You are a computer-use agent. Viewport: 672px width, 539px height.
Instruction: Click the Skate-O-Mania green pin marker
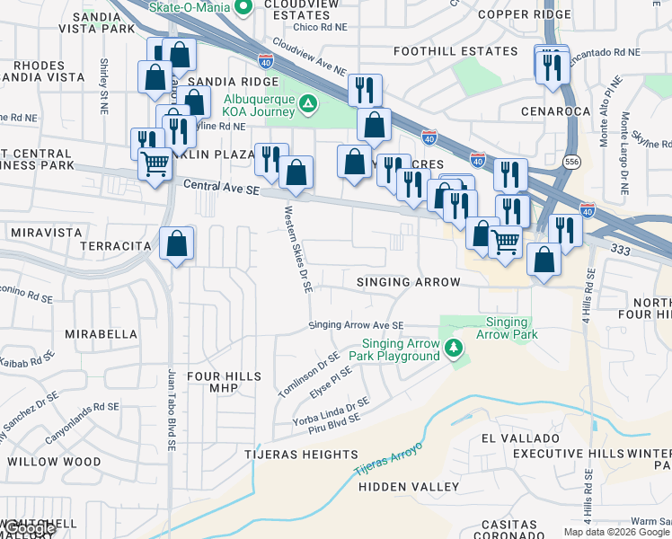coord(243,8)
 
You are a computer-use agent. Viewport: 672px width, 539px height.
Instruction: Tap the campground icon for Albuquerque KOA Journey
coord(308,104)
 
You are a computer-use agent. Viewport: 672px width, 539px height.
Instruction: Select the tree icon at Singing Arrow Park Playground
coord(455,347)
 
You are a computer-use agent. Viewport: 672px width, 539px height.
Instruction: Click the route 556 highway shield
coord(571,161)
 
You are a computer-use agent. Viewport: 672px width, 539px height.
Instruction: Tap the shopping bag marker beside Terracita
coord(177,242)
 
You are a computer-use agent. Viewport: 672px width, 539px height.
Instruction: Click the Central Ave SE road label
coord(220,187)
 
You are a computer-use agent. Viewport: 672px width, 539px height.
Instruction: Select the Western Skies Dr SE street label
coord(297,251)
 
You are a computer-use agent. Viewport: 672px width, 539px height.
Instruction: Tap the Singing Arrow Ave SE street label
coord(356,326)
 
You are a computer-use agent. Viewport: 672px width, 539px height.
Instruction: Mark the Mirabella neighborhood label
coord(101,333)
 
